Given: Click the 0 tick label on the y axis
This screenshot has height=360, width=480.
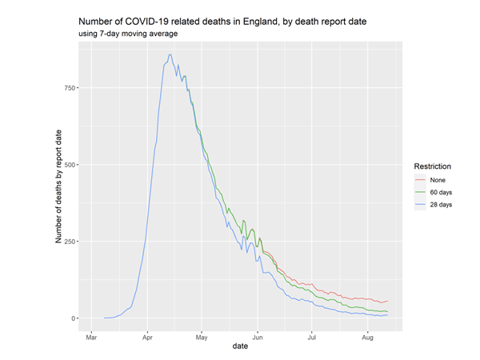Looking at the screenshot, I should click(x=73, y=318).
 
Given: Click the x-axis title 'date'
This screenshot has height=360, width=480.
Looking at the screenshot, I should click(x=239, y=346).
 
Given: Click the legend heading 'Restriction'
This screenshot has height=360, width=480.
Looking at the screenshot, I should click(x=432, y=166).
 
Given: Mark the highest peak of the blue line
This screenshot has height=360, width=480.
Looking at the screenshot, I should click(x=170, y=54).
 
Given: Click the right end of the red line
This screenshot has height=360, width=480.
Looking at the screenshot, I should click(x=387, y=301).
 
